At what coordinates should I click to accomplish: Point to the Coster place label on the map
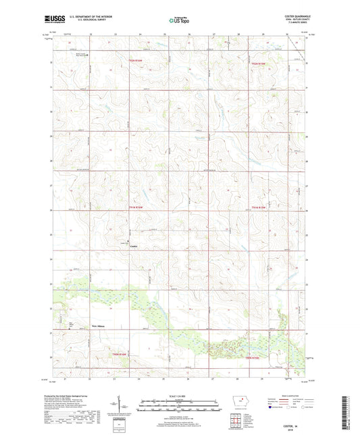click(x=134, y=246)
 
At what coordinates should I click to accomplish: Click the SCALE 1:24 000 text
click(x=179, y=394)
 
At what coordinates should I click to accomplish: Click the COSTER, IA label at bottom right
click(x=297, y=424)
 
